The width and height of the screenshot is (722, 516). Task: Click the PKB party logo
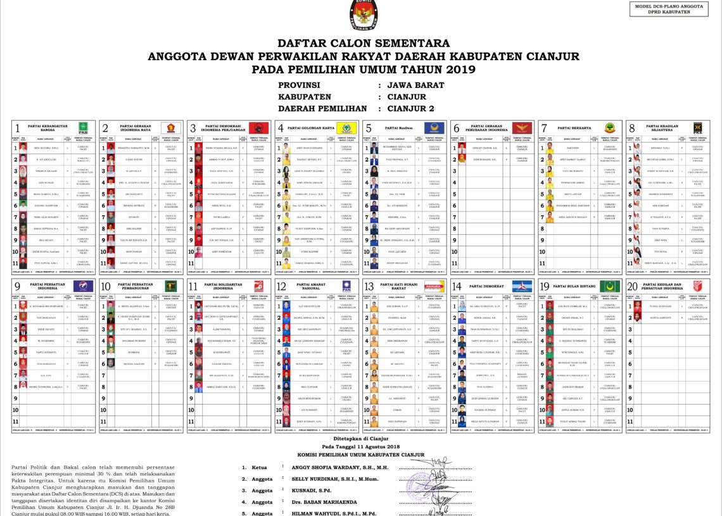[82, 128]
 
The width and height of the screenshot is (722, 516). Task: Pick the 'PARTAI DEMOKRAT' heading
[486, 286]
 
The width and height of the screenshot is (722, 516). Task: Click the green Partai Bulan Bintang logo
[609, 286]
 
